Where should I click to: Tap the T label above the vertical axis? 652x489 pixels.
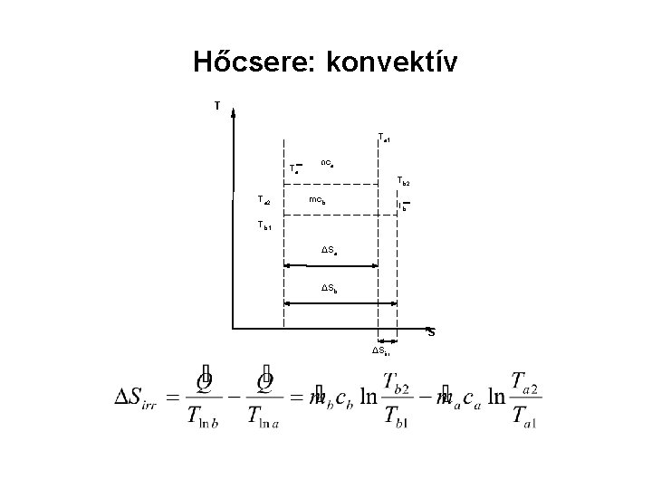(216, 105)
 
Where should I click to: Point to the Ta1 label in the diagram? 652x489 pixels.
(384, 138)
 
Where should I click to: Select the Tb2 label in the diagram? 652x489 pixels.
(403, 182)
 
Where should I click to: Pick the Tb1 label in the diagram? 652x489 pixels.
(264, 225)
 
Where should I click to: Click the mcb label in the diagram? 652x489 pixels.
(318, 199)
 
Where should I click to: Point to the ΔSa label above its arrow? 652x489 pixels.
(332, 249)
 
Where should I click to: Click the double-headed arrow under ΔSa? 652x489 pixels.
(331, 266)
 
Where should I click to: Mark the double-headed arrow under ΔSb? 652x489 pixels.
(340, 304)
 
